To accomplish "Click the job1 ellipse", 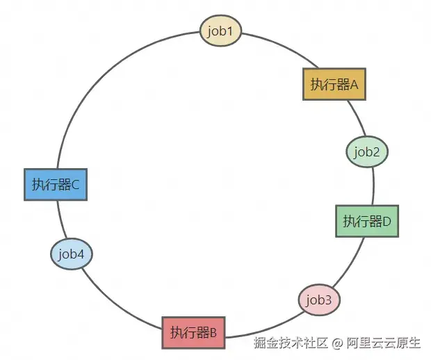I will (x=220, y=31).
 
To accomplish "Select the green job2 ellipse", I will (x=366, y=152).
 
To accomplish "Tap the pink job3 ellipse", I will (x=319, y=300).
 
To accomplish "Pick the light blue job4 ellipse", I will (x=72, y=254).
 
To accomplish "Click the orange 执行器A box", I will (x=334, y=85).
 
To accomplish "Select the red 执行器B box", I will (x=193, y=333).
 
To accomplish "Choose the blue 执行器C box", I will (x=55, y=184).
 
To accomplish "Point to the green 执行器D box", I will (x=367, y=221).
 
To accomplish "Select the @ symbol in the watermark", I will (x=336, y=343).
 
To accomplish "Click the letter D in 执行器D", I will (x=387, y=222).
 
